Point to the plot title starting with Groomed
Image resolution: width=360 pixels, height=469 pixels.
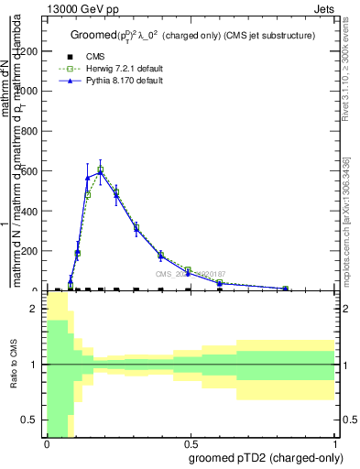tap(192, 35)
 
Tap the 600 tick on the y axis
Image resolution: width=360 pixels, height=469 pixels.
tap(28, 171)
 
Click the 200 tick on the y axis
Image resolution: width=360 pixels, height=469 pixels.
tap(28, 251)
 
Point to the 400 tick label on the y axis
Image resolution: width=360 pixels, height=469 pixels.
tap(28, 212)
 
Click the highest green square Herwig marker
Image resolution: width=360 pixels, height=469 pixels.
tap(101, 169)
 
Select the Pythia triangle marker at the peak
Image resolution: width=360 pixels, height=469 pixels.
tap(101, 171)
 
